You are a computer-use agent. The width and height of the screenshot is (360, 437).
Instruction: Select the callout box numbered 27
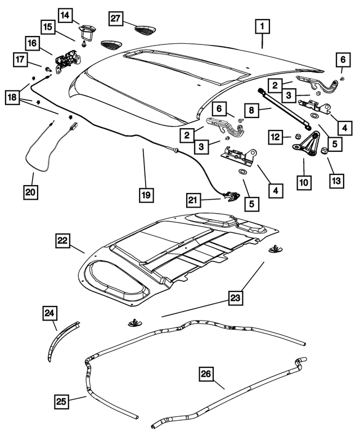(x=115, y=19)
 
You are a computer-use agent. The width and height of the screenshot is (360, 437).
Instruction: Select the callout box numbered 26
(x=206, y=373)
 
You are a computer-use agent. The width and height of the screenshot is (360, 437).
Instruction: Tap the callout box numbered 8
(x=253, y=111)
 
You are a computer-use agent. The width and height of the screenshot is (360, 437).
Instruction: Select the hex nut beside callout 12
(x=292, y=136)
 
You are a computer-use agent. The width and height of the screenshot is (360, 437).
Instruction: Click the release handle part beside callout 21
(x=231, y=196)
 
